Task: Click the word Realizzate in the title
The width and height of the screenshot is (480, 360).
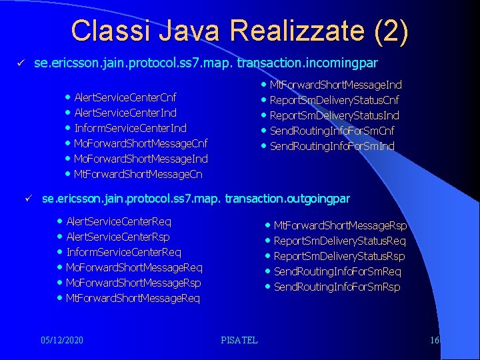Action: tap(286, 31)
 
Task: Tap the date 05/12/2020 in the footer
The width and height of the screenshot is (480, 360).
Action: tap(62, 340)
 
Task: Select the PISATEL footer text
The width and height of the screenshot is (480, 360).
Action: tap(239, 340)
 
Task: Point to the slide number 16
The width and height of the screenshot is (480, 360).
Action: tap(435, 340)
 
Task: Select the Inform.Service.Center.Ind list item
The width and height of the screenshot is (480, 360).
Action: tap(130, 128)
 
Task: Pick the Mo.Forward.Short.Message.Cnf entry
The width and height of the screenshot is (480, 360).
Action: tap(141, 143)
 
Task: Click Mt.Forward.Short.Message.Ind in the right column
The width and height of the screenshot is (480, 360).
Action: tap(335, 85)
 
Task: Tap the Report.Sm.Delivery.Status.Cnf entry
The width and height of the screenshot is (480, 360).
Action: tap(334, 100)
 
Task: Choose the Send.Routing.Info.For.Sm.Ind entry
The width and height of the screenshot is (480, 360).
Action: tap(332, 146)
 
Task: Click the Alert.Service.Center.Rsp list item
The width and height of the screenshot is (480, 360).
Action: tap(118, 237)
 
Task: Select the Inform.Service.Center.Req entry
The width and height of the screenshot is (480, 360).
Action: tap(123, 252)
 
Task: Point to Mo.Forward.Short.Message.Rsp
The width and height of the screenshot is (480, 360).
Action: tap(133, 283)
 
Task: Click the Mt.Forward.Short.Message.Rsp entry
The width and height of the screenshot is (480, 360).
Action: tap(340, 226)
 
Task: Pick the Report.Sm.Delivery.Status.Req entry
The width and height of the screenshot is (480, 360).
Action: tap(339, 241)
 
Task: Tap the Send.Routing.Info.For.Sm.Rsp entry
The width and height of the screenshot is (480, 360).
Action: tap(337, 287)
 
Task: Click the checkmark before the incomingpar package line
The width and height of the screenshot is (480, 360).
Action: tap(21, 63)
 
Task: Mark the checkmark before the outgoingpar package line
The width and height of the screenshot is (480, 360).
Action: tap(29, 199)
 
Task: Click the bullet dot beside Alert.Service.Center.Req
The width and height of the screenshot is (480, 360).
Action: tap(61, 221)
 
